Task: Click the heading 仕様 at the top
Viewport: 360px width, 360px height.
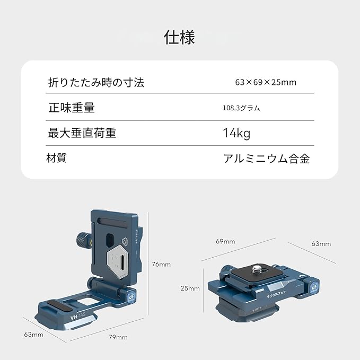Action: pos(180,38)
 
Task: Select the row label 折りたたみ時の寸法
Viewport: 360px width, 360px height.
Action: pos(96,82)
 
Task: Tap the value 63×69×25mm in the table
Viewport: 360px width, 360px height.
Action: pos(265,82)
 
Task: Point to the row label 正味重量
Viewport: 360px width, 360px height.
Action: pos(72,108)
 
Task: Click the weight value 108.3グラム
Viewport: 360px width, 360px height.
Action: pos(241,108)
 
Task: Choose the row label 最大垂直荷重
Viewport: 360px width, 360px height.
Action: pos(82,133)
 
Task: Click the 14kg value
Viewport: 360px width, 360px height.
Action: pos(236,133)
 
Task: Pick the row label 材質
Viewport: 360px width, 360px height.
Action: pos(57,158)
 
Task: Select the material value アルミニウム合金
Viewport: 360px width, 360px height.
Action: pos(266,159)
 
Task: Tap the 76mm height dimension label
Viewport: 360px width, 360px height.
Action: pos(161,264)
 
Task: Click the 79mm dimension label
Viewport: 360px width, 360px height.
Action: pos(118,337)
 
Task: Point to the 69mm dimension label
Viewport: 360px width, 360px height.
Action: pos(225,241)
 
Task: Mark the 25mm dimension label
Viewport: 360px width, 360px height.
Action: pos(190,288)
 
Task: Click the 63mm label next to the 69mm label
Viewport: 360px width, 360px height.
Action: pos(321,243)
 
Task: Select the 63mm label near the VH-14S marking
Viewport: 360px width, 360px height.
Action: pos(33,335)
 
